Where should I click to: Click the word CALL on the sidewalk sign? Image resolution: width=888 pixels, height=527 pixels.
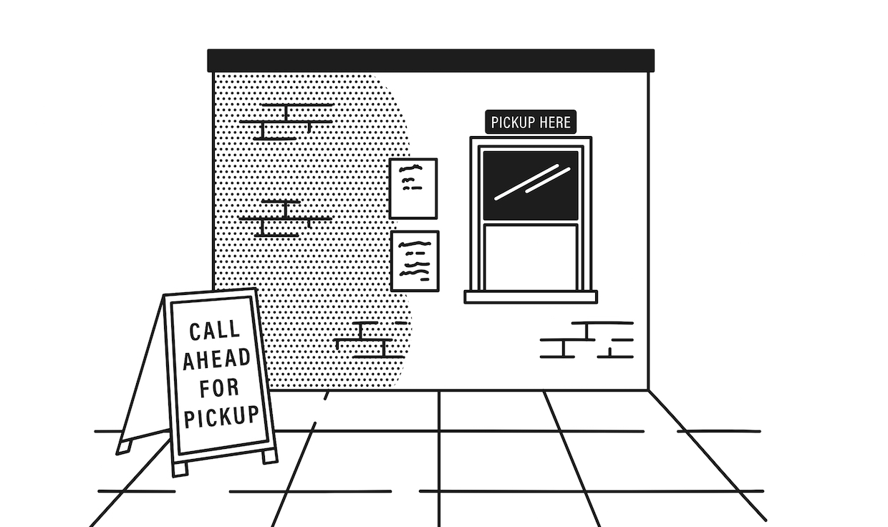coord(214,330)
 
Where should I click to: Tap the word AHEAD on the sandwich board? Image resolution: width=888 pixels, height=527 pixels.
coord(217,358)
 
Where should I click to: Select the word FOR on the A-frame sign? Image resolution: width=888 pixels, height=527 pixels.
coord(219,387)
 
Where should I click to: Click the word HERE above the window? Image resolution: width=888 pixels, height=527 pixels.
coord(556,122)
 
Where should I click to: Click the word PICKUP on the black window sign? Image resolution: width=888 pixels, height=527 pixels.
coord(513,122)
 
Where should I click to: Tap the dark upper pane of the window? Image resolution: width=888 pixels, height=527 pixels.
coord(530,185)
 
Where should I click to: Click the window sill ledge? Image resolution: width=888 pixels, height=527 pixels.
coord(530,296)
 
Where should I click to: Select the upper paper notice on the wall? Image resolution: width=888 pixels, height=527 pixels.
coord(413,188)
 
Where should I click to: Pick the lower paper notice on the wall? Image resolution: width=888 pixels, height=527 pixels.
coord(415,261)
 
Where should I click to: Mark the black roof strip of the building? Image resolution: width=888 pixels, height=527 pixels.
coord(430,60)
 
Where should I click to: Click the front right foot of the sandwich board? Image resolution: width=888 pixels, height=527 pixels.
coord(269,455)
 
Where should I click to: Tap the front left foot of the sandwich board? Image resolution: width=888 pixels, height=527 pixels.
coord(180,468)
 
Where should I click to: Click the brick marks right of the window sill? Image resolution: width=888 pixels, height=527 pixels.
coord(587,339)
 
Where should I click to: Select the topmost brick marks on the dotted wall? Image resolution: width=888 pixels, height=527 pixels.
coord(286,122)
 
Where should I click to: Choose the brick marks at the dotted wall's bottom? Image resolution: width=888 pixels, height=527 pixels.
coord(371,339)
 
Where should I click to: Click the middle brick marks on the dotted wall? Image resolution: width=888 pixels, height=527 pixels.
coord(285,218)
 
